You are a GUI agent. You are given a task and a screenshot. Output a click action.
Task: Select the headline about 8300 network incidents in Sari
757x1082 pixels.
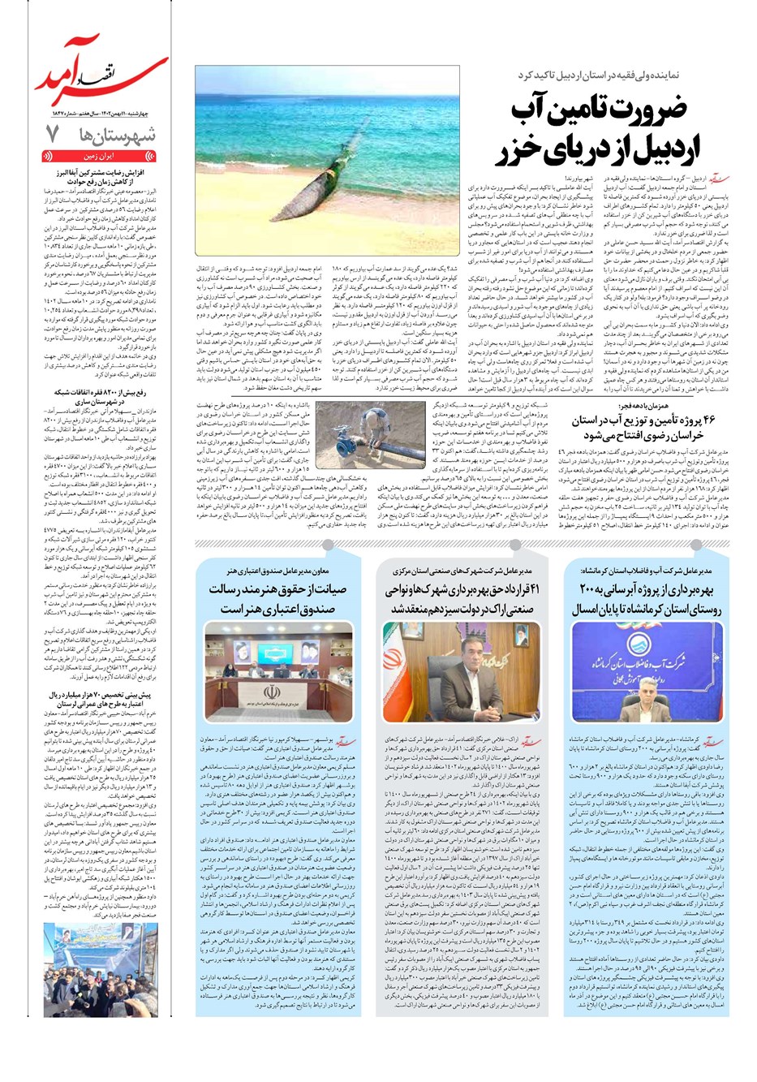[101, 396]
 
